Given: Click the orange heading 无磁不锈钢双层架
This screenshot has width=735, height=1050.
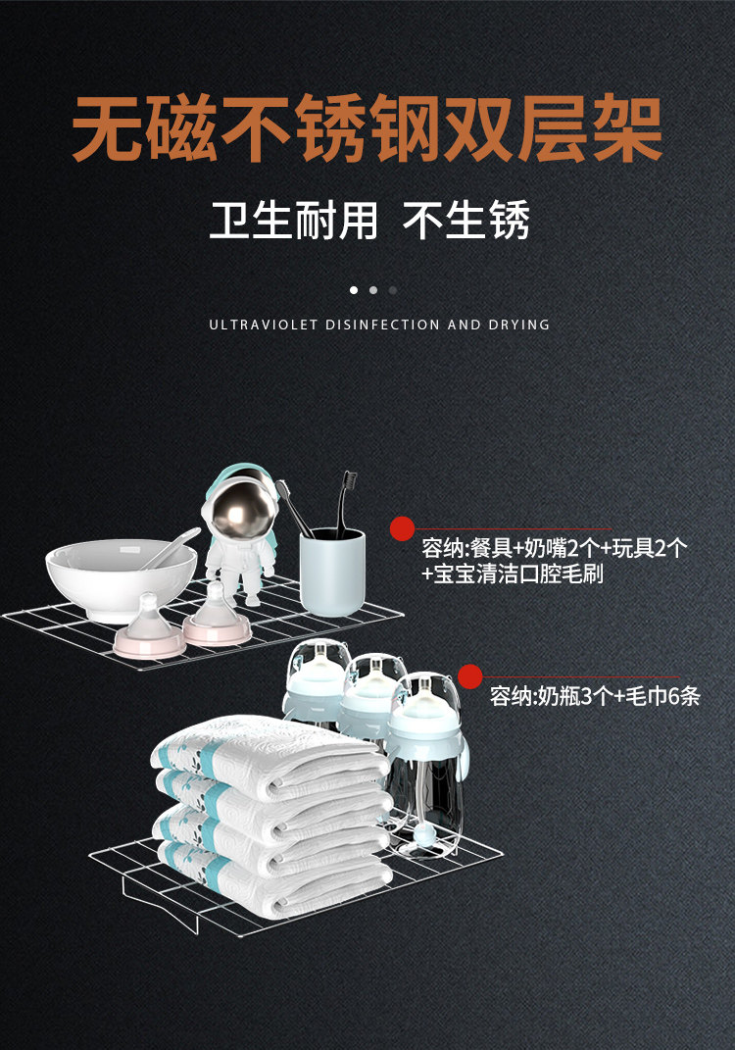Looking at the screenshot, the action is click(367, 128).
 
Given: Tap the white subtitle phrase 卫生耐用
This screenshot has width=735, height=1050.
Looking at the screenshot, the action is click(293, 220).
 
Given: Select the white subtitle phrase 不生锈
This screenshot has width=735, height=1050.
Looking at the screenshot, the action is click(466, 220).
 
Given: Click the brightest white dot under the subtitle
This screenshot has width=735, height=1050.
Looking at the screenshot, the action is click(354, 290).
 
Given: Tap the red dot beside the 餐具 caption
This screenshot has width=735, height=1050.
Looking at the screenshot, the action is click(402, 529).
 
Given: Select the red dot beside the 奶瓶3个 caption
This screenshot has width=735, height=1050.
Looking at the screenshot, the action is click(470, 676).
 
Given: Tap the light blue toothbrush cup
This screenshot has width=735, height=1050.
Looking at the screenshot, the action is click(332, 572).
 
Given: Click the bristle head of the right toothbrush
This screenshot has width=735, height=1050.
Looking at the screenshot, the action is click(348, 487).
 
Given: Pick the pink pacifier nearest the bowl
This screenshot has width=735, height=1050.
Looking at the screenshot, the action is click(149, 629).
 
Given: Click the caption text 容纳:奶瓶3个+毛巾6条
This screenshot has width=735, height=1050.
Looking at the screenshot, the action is click(595, 698).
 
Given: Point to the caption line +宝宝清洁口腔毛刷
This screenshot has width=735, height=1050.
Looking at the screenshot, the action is click(512, 574).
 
